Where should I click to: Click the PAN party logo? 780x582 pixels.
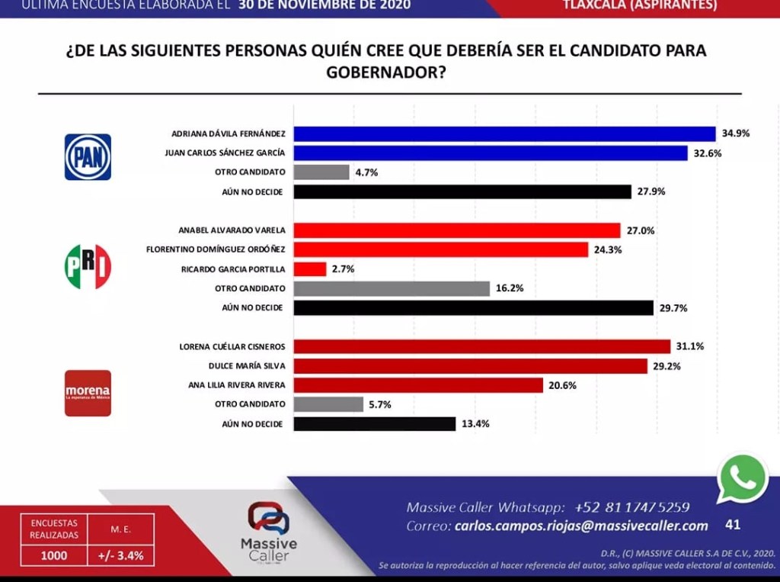tap(88, 157)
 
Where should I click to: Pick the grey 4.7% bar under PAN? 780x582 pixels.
tap(321, 172)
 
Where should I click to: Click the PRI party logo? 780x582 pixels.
tap(88, 267)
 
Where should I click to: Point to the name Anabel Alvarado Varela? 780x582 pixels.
tap(232, 230)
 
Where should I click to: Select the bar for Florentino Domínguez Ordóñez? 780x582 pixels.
tap(440, 249)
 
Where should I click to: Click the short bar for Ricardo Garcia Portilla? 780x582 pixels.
tap(309, 269)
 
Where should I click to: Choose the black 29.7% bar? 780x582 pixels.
tap(473, 307)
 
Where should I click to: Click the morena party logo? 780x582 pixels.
tap(88, 393)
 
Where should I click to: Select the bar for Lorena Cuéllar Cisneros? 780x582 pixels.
tap(481, 346)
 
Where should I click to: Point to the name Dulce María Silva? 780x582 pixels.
tap(246, 365)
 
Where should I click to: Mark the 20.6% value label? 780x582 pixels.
tap(562, 385)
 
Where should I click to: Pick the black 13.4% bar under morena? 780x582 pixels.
tap(374, 424)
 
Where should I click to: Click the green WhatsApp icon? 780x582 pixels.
tap(742, 479)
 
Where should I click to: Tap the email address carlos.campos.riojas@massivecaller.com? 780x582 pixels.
tap(581, 526)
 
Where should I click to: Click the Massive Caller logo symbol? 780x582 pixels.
tap(268, 518)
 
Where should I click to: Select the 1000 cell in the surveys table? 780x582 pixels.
tap(53, 556)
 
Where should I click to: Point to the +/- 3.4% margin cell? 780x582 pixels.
tap(120, 556)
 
